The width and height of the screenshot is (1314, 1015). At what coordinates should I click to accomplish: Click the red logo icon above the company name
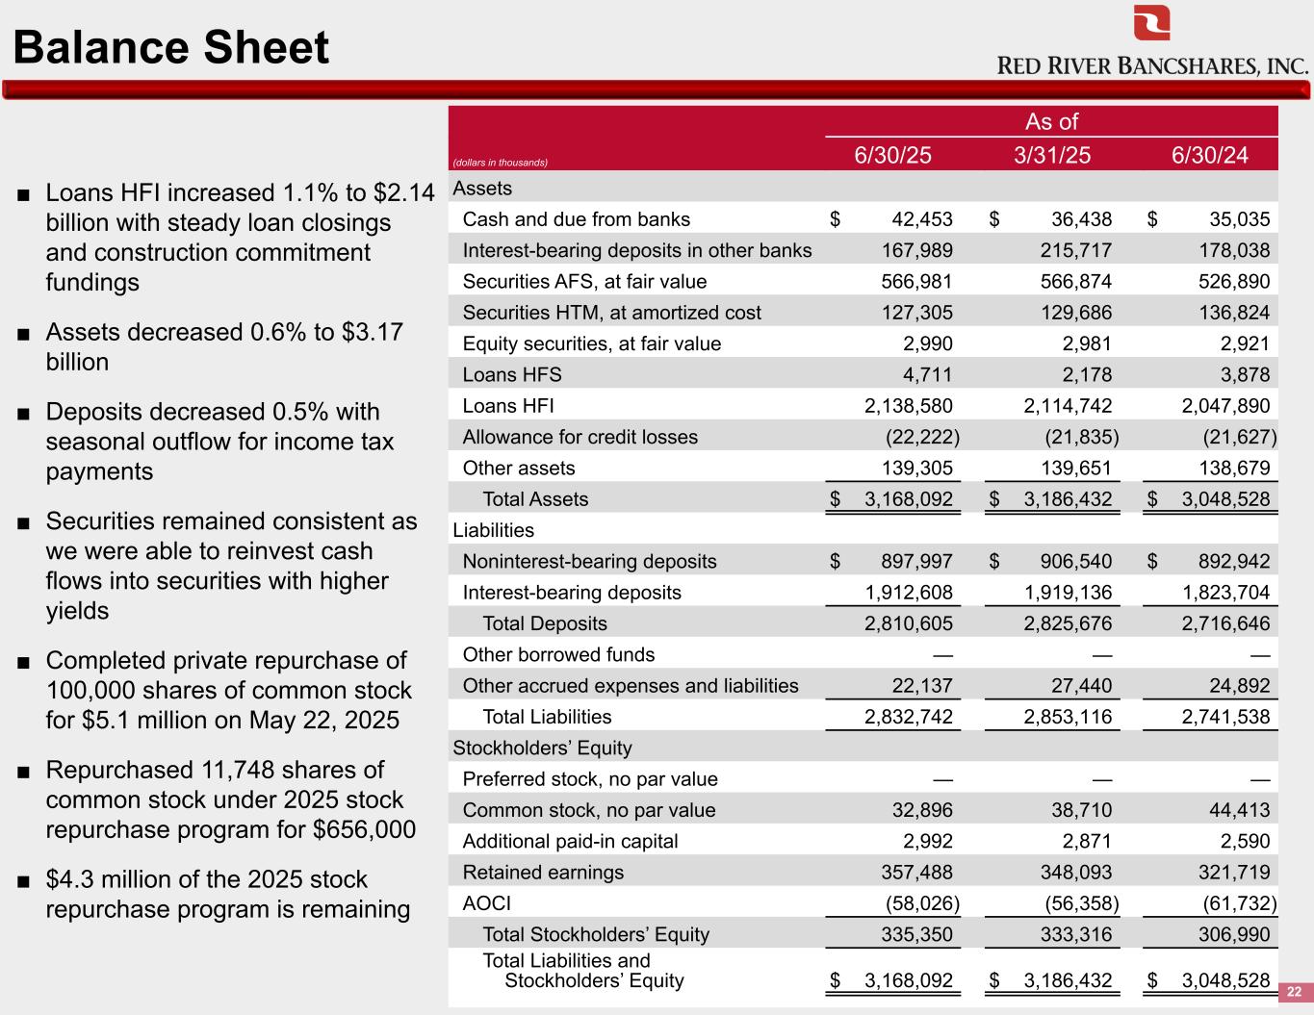(x=1151, y=22)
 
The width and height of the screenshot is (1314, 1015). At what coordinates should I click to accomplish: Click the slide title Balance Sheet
(x=171, y=48)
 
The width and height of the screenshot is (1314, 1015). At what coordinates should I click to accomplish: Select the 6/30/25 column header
(x=892, y=155)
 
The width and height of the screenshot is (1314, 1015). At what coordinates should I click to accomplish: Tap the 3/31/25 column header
(x=1051, y=155)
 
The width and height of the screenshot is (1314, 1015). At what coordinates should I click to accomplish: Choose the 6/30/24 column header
(x=1210, y=155)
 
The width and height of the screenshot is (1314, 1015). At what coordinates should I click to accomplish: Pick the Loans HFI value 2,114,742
(x=1068, y=406)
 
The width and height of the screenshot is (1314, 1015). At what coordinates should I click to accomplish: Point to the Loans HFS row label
(x=511, y=375)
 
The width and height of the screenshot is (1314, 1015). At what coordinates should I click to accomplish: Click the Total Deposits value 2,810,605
(x=908, y=623)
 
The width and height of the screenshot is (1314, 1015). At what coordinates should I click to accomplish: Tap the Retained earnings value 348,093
(x=1075, y=873)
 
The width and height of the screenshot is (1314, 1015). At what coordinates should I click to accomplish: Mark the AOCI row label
(x=486, y=903)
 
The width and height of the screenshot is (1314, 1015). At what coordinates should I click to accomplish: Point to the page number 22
(x=1294, y=992)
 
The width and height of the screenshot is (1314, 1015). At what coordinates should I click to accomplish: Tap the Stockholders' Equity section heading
(x=542, y=748)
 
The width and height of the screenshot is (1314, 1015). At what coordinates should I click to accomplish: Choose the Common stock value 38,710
(x=1081, y=810)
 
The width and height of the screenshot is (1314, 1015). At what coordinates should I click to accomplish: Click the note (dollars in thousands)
(x=501, y=163)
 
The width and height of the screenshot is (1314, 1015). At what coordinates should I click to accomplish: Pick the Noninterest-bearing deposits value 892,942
(x=1234, y=561)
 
